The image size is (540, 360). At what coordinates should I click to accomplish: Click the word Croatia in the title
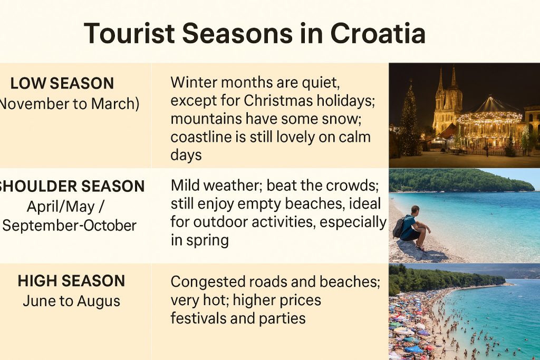pos(378,33)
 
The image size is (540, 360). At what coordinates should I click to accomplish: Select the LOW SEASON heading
pos(62,84)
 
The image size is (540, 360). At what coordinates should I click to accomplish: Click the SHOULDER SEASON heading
pos(71,186)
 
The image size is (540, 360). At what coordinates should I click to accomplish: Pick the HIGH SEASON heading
pos(71,281)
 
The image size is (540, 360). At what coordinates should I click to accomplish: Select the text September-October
pos(70,226)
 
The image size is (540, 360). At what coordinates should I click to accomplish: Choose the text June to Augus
pos(72,301)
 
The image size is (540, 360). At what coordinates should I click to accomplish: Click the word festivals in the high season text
pos(198,318)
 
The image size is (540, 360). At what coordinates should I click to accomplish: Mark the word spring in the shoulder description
pos(207,240)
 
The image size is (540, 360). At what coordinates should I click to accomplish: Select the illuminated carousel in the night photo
pos(490,124)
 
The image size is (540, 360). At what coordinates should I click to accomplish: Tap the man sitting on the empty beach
pos(413,228)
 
